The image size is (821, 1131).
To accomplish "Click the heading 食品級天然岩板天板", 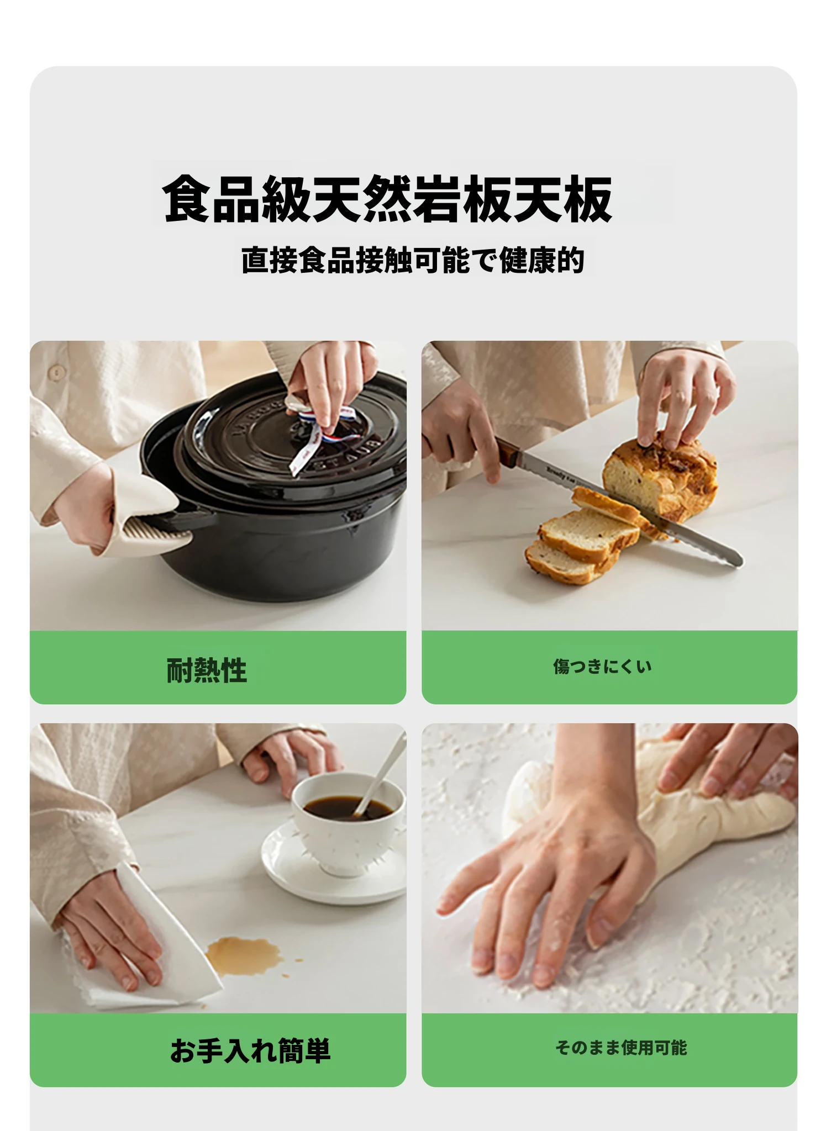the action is (x=387, y=198).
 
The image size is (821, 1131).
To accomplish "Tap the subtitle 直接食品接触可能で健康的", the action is (x=413, y=260).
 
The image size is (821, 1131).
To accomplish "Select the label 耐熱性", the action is (x=207, y=670).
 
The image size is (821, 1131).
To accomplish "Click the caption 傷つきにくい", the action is (x=602, y=667).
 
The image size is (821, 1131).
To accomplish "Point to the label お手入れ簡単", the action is (x=250, y=1050).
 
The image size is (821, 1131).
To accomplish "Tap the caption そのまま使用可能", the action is (x=621, y=1047).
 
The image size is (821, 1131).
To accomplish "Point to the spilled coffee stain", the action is (x=243, y=954).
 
